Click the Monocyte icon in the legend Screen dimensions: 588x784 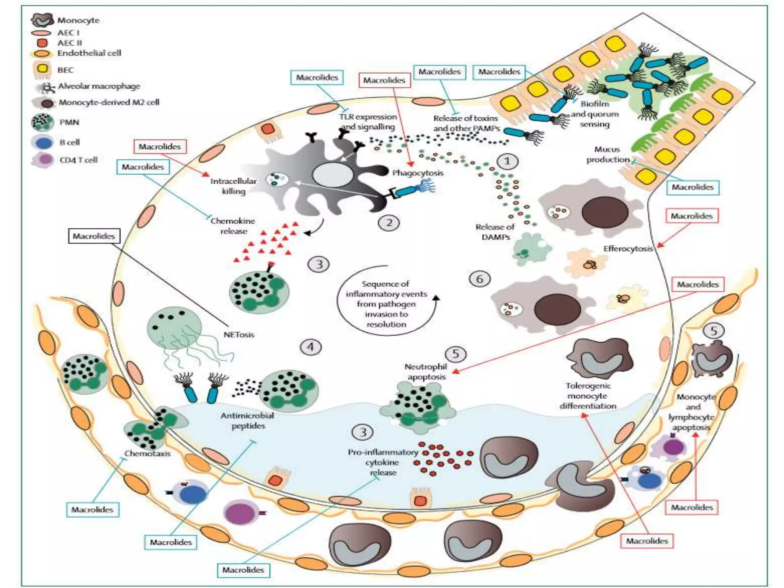pyautogui.click(x=42, y=20)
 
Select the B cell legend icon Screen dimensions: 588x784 pyautogui.click(x=42, y=142)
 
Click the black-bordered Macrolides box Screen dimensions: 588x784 pyautogui.click(x=94, y=236)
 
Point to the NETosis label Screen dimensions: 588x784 pyautogui.click(x=239, y=335)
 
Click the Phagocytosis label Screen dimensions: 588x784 pyautogui.click(x=418, y=173)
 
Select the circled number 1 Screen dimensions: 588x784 pyautogui.click(x=507, y=161)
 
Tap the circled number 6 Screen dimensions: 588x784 pyautogui.click(x=479, y=279)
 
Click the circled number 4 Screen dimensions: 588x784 pyautogui.click(x=310, y=347)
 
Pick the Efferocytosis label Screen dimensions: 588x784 pyautogui.click(x=628, y=249)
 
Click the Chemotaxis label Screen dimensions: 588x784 pyautogui.click(x=147, y=454)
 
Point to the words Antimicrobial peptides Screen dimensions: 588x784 pyautogui.click(x=247, y=420)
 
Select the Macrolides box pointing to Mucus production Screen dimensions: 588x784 pyautogui.click(x=693, y=187)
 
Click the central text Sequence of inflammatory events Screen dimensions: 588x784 pyautogui.click(x=386, y=304)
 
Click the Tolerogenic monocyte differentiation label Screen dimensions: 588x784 pyautogui.click(x=588, y=396)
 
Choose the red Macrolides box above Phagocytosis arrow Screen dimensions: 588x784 pyautogui.click(x=384, y=80)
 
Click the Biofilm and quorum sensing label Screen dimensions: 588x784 pyautogui.click(x=595, y=114)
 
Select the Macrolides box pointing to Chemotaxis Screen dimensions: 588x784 pyautogui.click(x=93, y=510)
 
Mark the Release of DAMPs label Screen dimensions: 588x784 pyautogui.click(x=495, y=232)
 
